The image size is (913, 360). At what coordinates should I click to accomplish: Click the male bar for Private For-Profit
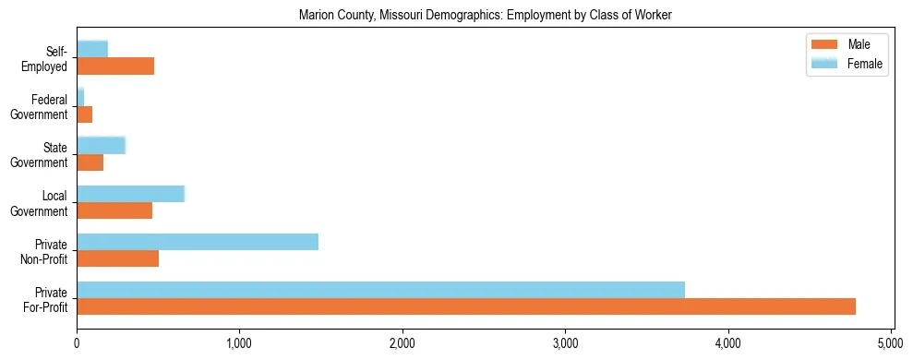point(466,306)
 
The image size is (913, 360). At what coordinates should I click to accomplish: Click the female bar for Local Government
point(130,193)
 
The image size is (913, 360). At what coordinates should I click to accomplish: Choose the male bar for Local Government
point(114,210)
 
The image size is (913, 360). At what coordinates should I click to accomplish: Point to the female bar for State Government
point(101,145)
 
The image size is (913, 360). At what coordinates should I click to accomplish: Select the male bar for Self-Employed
point(115,66)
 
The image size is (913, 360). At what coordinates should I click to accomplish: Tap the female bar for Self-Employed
point(92,49)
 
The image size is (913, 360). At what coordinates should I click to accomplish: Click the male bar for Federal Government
point(84,114)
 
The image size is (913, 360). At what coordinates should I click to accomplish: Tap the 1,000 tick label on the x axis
point(239,343)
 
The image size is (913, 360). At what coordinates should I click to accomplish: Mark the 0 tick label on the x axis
point(77,343)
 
